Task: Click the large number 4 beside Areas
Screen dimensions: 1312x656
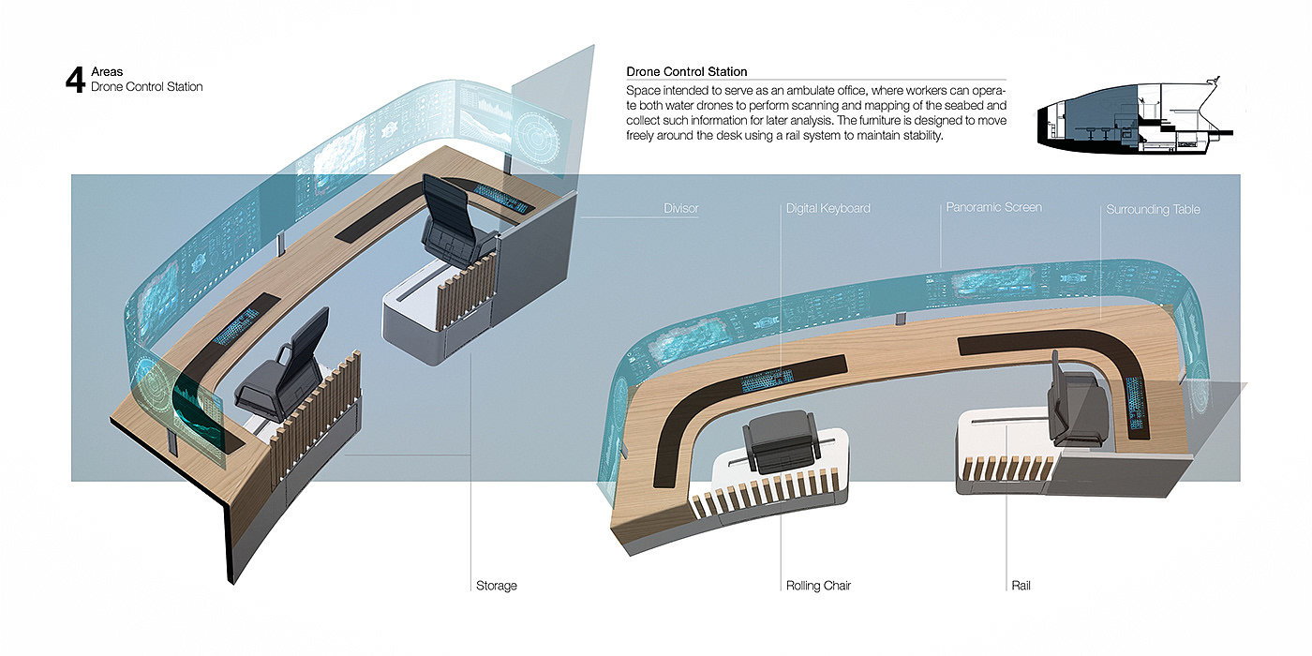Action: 76,80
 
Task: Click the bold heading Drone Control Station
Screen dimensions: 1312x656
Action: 686,71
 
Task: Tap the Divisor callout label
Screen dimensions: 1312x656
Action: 680,208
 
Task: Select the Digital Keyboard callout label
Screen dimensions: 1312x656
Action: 827,208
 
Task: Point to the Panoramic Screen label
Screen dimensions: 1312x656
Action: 993,207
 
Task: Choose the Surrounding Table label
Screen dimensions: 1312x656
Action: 1153,209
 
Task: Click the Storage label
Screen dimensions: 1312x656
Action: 496,585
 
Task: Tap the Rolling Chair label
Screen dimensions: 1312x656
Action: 817,585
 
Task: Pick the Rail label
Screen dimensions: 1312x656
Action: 1021,585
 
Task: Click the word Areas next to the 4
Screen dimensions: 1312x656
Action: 107,71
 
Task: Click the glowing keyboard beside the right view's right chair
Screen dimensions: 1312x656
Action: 1136,404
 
